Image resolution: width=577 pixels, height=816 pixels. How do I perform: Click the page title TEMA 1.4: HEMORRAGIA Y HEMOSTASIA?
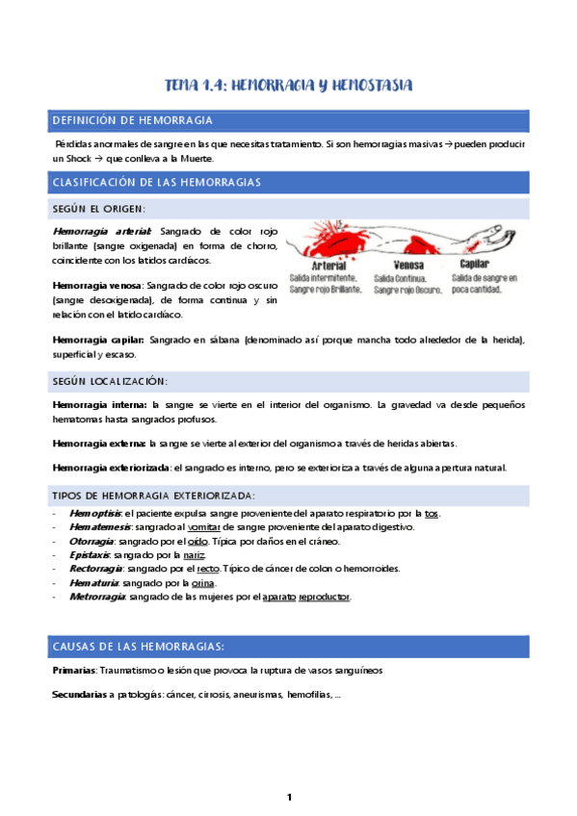[288, 86]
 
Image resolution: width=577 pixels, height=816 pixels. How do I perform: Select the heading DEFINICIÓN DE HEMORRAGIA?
[132, 120]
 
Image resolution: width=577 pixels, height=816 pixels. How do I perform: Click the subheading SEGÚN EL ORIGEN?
[100, 210]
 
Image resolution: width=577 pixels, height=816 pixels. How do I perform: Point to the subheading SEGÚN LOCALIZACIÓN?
[110, 382]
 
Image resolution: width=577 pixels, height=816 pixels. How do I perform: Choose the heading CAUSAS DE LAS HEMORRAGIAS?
[139, 646]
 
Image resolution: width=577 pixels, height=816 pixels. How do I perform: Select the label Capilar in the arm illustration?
[476, 264]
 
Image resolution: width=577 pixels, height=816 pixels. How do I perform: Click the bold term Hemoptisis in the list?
[94, 514]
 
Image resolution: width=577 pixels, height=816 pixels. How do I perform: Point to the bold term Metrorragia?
[97, 597]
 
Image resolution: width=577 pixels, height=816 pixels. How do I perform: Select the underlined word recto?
[208, 569]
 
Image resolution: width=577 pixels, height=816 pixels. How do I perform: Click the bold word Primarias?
[74, 669]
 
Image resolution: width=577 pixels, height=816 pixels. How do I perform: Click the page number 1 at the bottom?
[288, 797]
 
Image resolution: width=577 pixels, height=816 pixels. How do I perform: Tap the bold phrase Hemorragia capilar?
[97, 339]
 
